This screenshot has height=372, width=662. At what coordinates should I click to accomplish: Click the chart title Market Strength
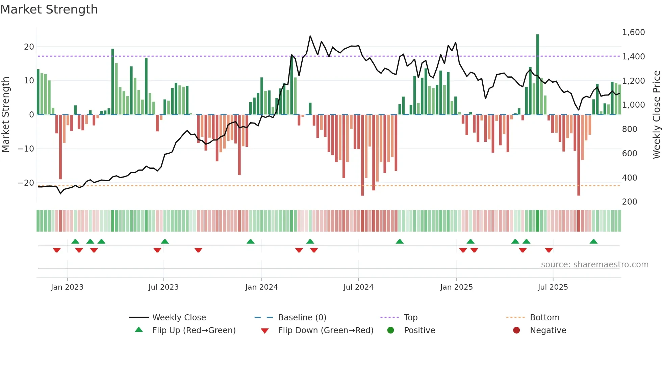49,9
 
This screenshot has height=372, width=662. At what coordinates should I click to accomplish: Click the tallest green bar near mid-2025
537,74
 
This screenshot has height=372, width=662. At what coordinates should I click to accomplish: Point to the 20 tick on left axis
29,47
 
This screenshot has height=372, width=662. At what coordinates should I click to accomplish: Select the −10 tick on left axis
26,149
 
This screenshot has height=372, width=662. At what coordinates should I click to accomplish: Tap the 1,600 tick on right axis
633,32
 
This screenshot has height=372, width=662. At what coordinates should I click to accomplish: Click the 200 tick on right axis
629,202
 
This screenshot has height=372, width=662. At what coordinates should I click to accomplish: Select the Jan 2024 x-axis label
261,287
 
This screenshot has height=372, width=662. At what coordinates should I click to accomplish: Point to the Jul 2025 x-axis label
553,287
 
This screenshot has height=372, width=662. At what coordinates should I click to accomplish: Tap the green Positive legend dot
390,330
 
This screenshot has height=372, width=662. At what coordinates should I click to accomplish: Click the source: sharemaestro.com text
594,264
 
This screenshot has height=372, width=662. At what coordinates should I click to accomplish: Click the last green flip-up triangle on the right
593,241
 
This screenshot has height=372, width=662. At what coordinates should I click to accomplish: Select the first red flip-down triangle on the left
57,250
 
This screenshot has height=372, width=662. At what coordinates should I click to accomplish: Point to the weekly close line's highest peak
310,36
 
